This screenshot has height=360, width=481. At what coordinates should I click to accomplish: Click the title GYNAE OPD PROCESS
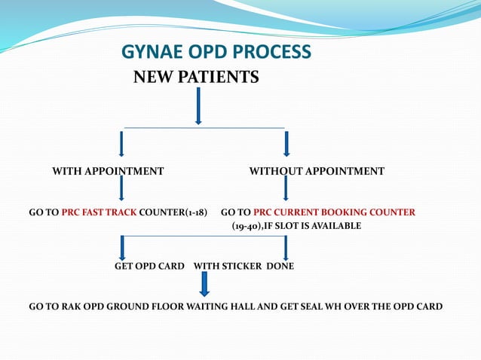216,52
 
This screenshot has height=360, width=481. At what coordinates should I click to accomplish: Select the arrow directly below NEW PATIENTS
198,105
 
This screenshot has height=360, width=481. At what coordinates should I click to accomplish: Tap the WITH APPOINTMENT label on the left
108,172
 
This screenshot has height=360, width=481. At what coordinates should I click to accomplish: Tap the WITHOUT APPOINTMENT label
317,172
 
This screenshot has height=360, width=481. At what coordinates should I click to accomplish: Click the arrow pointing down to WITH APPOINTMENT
121,143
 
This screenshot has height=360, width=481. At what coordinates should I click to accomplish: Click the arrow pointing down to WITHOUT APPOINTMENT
286,143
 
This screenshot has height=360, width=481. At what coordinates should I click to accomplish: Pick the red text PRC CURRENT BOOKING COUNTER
334,212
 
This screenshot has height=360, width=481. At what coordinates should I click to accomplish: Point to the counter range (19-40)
247,226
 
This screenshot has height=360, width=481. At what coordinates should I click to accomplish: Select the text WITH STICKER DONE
244,267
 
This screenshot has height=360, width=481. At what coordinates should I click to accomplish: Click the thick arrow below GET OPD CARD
204,284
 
